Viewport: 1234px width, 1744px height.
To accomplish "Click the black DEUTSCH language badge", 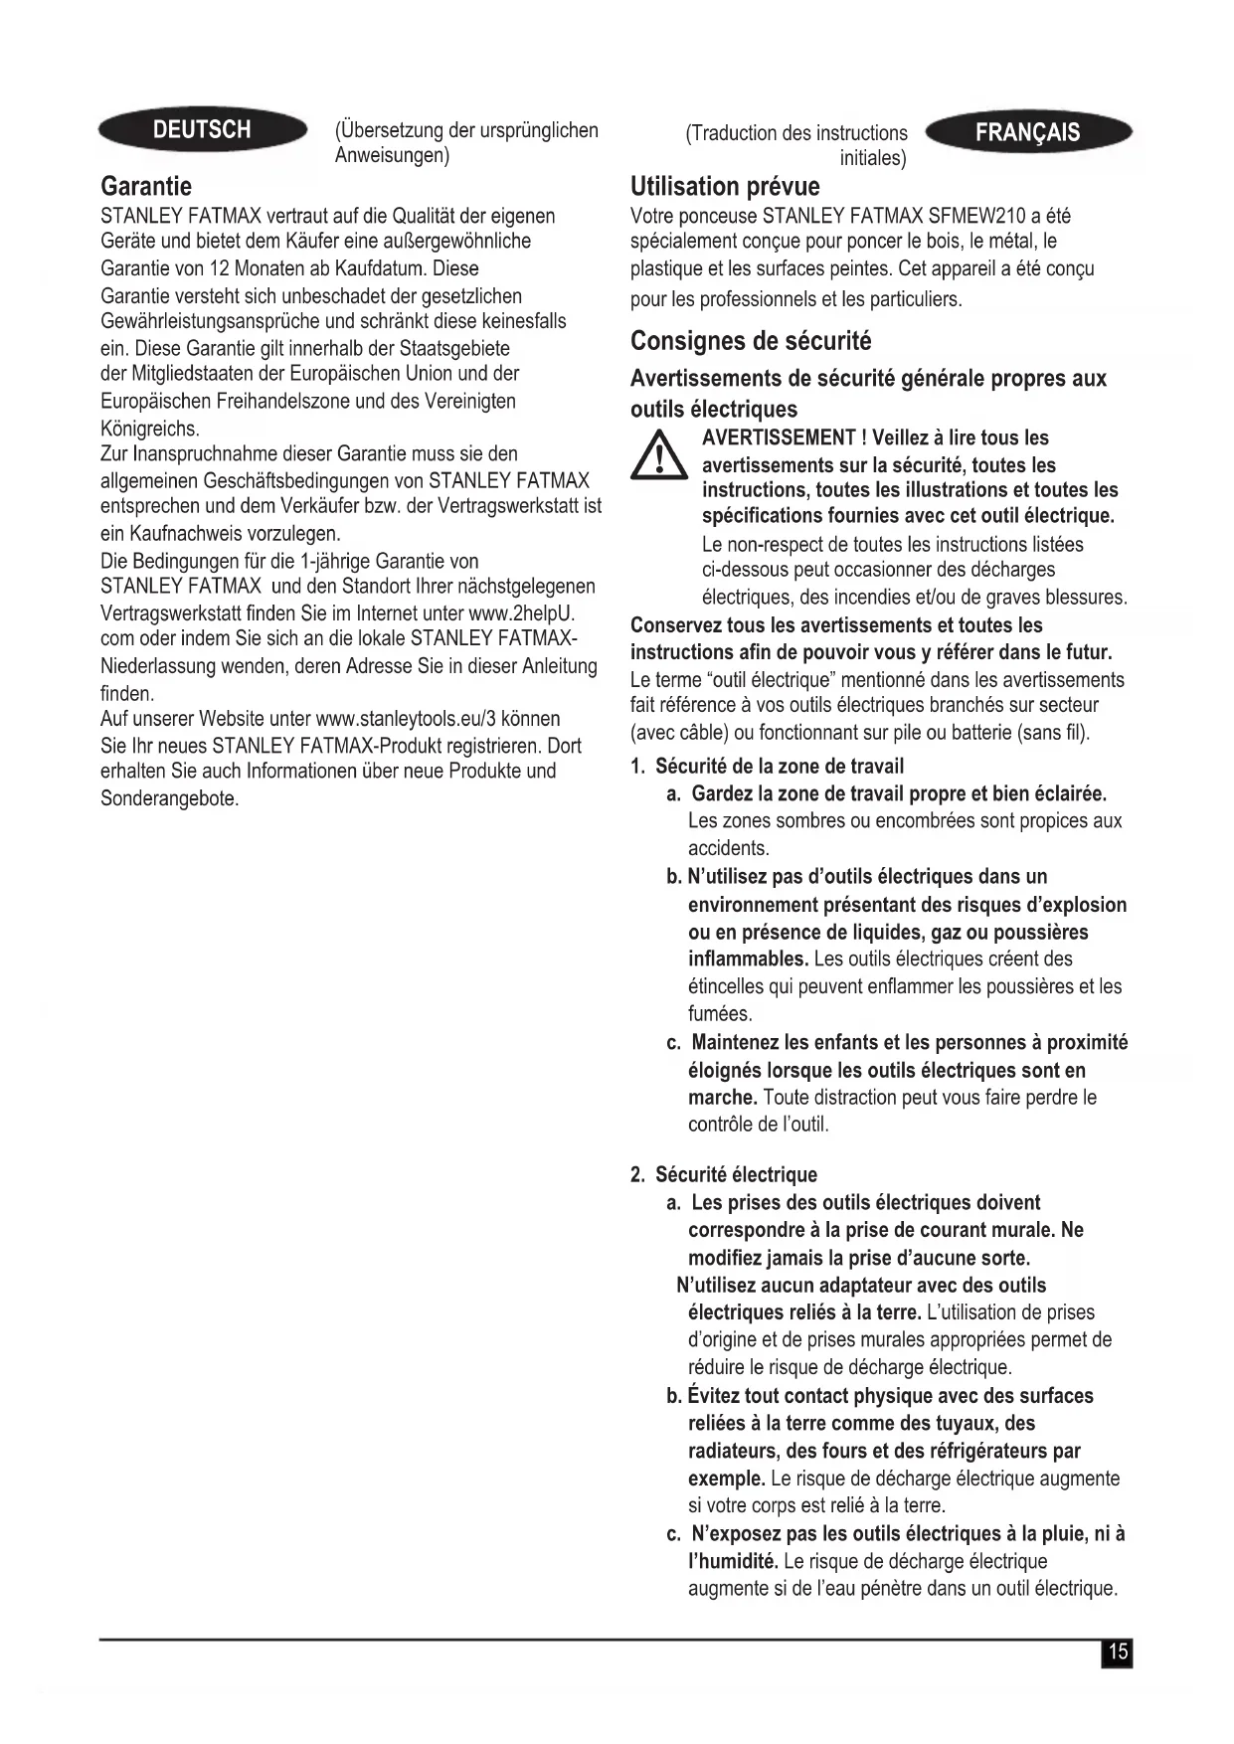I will [x=202, y=129].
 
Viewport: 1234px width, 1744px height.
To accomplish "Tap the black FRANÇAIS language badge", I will [x=1027, y=133].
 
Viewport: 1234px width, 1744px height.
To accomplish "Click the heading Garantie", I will [x=146, y=186].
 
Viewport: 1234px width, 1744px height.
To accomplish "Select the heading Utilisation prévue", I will [x=725, y=186].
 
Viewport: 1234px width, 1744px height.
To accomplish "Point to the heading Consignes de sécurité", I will [x=751, y=341].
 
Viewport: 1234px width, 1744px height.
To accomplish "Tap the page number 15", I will [x=1118, y=1652].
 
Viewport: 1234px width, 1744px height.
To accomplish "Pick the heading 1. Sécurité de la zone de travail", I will [x=767, y=766].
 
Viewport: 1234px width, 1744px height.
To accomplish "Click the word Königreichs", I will [x=149, y=429].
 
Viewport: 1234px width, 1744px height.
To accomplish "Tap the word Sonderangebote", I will [x=169, y=798].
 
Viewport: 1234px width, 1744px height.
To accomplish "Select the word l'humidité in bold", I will [x=733, y=1561].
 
